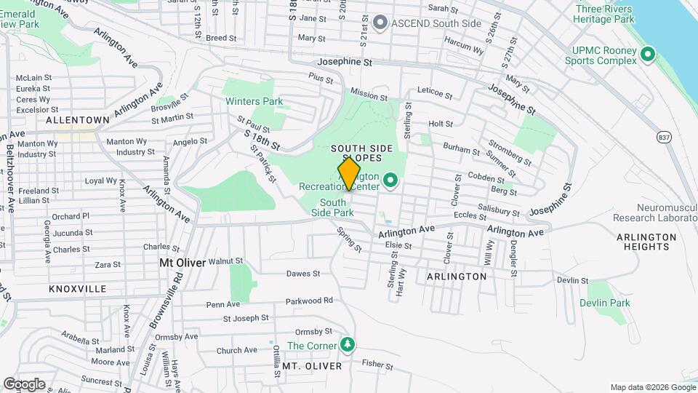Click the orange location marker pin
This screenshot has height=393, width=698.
coord(349,173)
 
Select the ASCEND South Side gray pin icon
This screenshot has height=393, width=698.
coord(379,23)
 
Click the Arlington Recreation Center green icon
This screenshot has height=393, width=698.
coord(390,179)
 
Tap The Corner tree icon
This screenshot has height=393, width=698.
coord(348,344)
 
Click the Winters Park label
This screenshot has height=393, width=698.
coord(254,102)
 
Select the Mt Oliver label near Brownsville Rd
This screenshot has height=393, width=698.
coord(182,263)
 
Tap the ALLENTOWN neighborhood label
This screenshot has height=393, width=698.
coord(78,119)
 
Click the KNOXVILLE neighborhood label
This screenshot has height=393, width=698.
coord(78,289)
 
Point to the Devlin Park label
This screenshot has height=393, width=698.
coord(605,303)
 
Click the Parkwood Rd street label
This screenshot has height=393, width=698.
coord(309,300)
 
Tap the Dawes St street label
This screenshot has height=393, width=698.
coord(303,274)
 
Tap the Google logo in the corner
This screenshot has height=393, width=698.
coord(24,384)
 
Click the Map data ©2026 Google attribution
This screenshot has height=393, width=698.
coord(652,387)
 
